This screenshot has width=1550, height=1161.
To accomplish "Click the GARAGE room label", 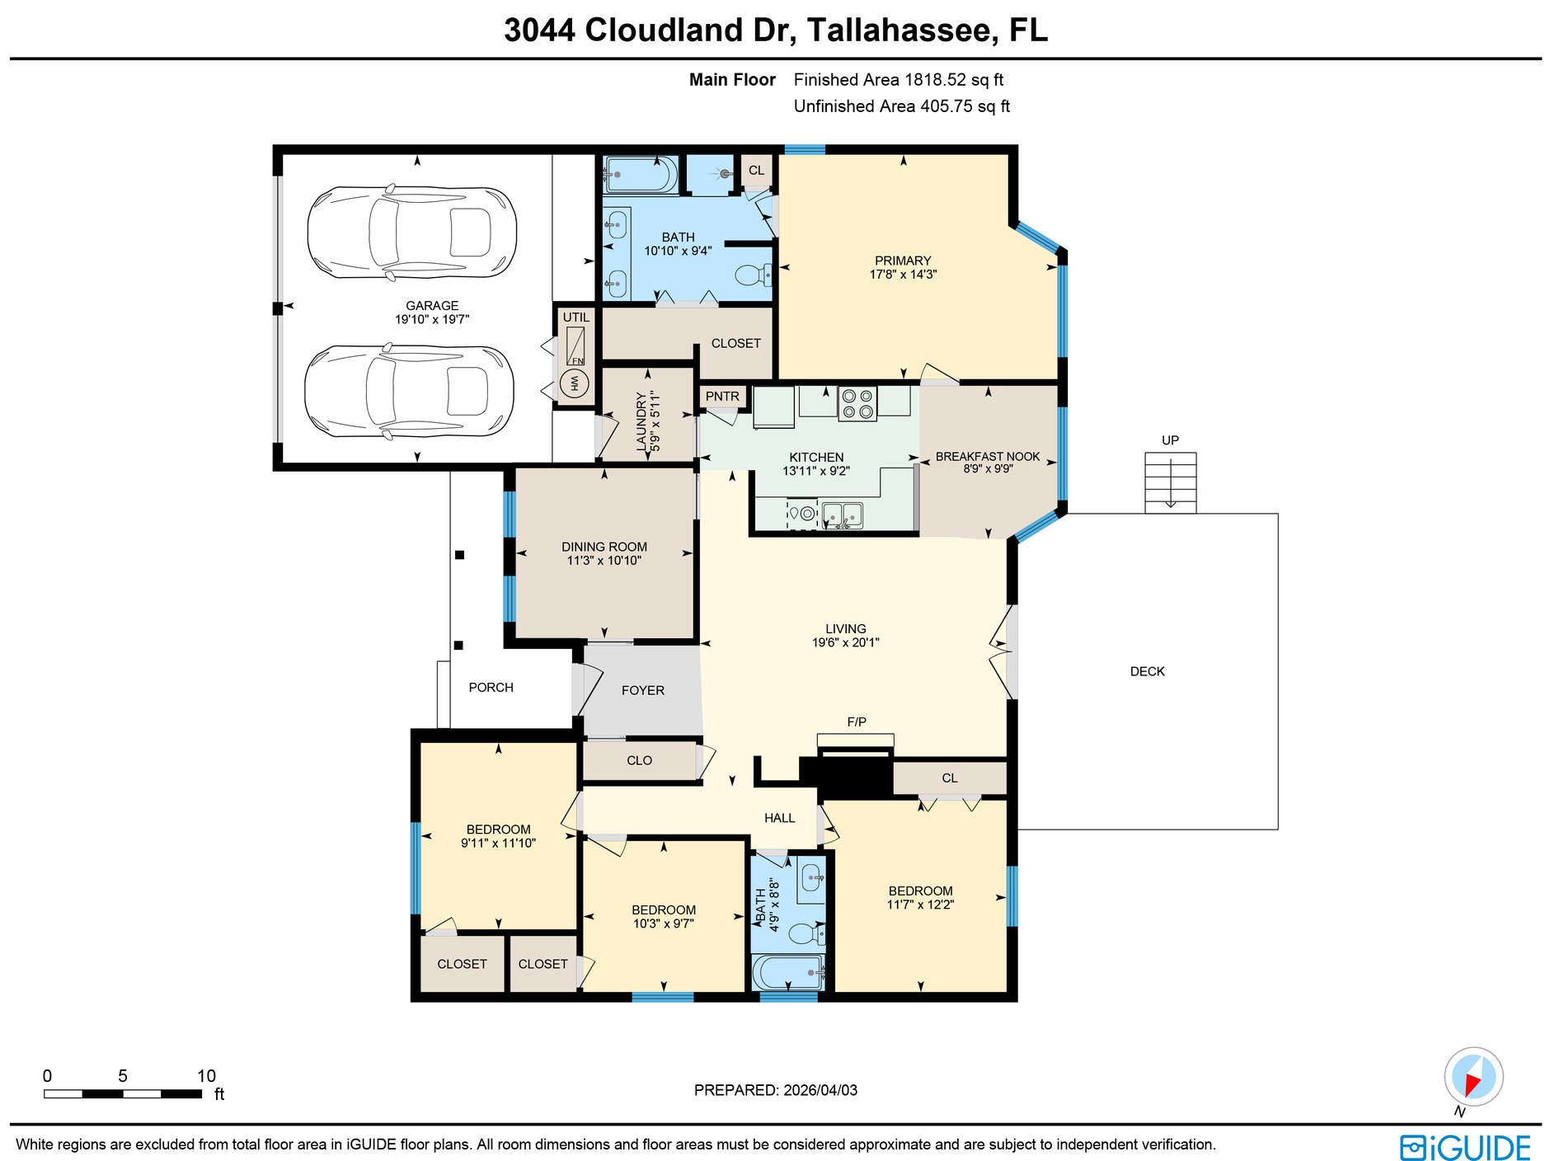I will [432, 306].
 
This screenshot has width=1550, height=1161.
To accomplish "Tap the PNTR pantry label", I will [722, 397].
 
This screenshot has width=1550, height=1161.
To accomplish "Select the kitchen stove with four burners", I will [857, 404].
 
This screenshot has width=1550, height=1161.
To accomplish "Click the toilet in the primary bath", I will [752, 274].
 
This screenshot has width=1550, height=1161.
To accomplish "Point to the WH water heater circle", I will [575, 383].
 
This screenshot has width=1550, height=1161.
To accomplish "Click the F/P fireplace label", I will [857, 722].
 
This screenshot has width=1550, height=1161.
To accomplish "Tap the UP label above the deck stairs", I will [1170, 440].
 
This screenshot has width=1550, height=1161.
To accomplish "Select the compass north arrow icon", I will [1473, 1077].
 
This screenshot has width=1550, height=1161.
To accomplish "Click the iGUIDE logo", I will [1465, 1147].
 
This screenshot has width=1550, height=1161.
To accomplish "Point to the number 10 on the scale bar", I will [206, 1076].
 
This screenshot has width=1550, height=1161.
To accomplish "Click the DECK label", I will [1147, 672].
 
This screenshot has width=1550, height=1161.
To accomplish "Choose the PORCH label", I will [491, 688].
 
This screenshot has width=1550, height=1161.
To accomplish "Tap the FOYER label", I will [642, 691].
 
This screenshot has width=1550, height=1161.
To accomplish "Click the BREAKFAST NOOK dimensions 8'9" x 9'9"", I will [988, 469].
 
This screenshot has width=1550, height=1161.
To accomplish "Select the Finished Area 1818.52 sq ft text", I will [898, 80].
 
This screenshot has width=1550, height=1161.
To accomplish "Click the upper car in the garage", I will [412, 233].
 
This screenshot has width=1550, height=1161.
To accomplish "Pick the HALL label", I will [779, 818].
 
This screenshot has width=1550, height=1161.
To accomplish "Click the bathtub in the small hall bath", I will [788, 973].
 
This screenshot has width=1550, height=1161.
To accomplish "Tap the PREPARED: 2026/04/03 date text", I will [775, 1090].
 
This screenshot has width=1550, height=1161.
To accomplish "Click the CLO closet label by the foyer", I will [639, 761].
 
